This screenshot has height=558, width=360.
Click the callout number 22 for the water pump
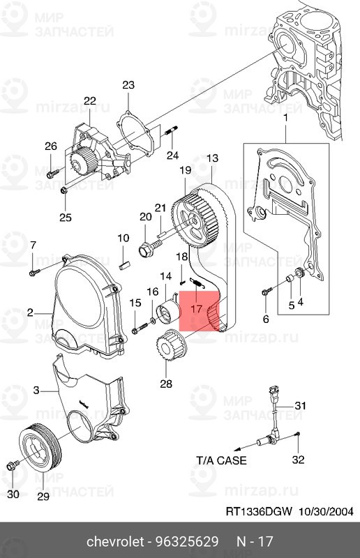point(89,101)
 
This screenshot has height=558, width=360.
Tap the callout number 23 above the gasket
point(128,85)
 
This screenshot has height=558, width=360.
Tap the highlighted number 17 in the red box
point(196,308)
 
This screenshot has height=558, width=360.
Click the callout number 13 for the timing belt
point(212,158)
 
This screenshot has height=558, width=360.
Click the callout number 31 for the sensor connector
point(300,405)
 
